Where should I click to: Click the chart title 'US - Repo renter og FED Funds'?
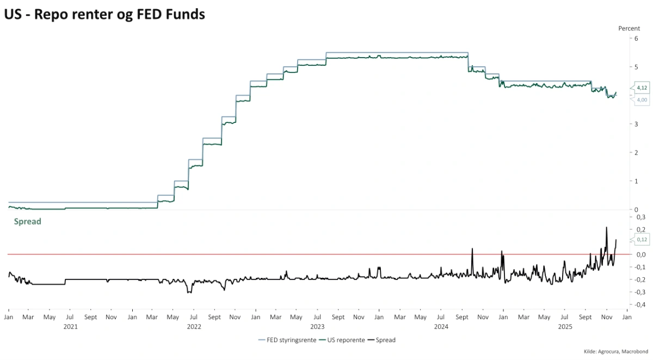pos(104,15)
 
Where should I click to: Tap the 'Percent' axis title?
pos(629,28)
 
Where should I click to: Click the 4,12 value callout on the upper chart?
pos(642,88)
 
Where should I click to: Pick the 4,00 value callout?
pos(642,100)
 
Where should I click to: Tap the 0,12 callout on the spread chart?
pos(642,239)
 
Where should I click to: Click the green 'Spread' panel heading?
pos(27,222)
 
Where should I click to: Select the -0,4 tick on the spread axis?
pos(640,305)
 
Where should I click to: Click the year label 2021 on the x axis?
pos(70,327)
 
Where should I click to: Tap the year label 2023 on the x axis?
pos(317,327)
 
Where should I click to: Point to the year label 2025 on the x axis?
pos(565,327)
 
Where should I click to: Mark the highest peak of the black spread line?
pos(606,227)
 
